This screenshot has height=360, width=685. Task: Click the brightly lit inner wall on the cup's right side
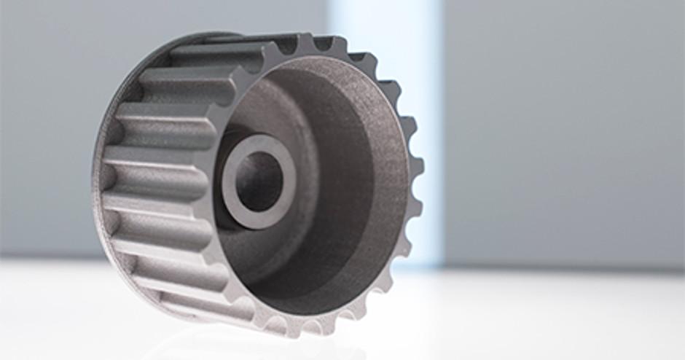coord(386,189)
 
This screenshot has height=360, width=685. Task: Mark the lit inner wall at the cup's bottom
coord(321,299)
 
